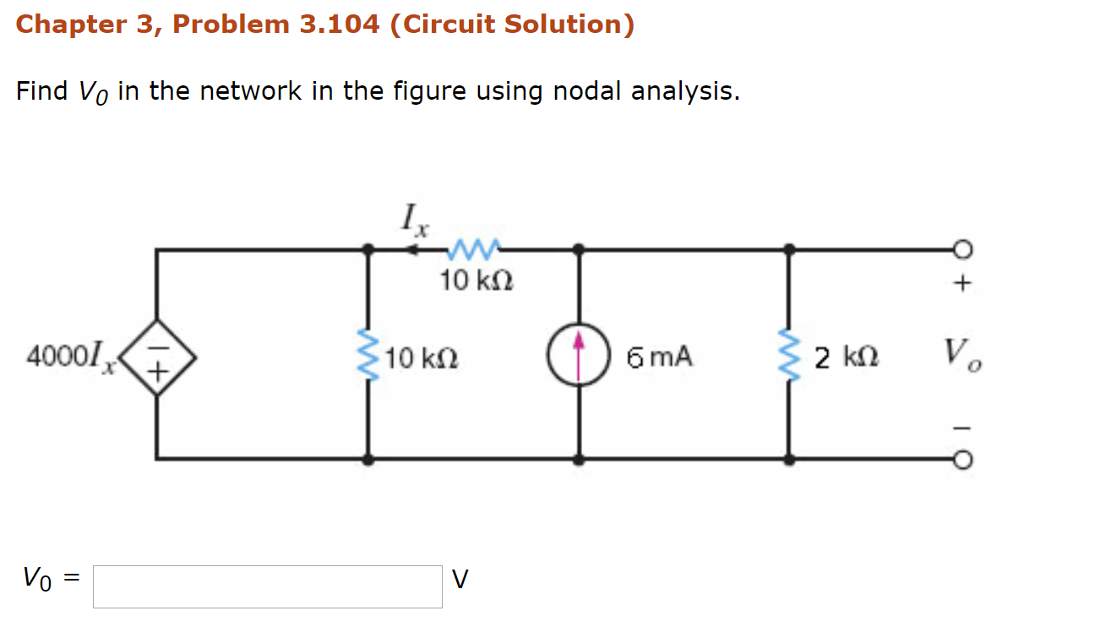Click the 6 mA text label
tap(659, 357)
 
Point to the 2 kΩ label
tap(847, 357)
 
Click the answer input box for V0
tap(267, 586)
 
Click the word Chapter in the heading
tap(71, 25)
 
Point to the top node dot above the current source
tap(579, 249)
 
